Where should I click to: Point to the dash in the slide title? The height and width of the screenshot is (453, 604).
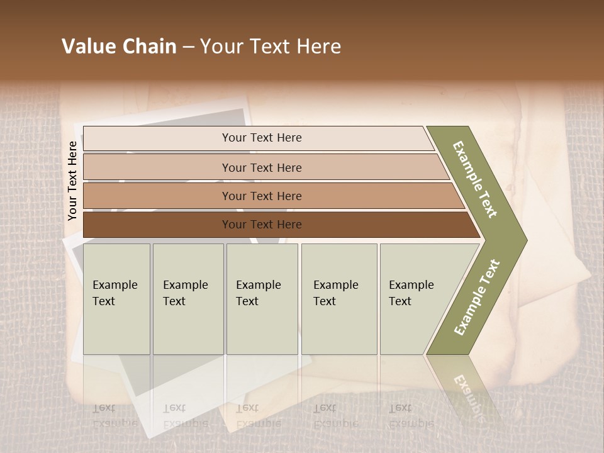point(188,47)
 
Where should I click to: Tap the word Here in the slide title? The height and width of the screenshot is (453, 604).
point(318,47)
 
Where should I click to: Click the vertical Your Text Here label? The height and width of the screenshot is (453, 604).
point(72,181)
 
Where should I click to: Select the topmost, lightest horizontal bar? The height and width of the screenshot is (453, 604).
point(261,138)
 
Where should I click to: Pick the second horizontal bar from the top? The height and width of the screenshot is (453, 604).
point(261,167)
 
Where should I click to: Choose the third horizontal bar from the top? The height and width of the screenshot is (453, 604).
point(261,196)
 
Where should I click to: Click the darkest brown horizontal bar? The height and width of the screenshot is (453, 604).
point(261,225)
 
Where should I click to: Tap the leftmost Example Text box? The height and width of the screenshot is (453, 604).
point(116,299)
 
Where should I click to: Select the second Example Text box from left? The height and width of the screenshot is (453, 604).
point(187,299)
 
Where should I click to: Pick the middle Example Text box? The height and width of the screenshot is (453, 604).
point(262,299)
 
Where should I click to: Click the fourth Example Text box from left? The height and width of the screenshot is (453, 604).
point(338,299)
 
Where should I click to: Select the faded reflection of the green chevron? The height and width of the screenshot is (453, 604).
point(469,390)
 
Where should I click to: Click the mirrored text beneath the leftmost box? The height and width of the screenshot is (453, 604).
point(115,416)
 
